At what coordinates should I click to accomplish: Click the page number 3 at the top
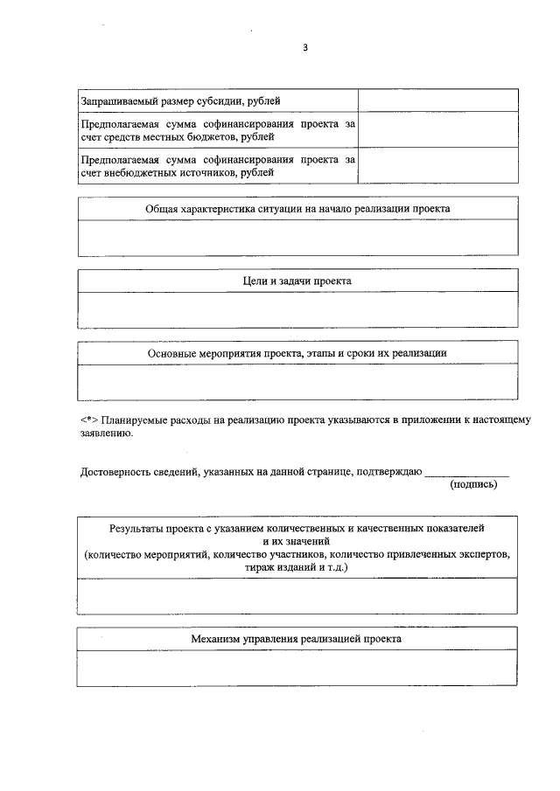(305, 48)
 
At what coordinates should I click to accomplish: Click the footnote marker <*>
(88, 420)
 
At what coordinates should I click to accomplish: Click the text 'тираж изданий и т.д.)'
(297, 567)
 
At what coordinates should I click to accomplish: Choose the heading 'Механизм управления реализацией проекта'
(297, 639)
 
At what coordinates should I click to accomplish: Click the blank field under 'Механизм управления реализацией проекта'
(297, 669)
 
